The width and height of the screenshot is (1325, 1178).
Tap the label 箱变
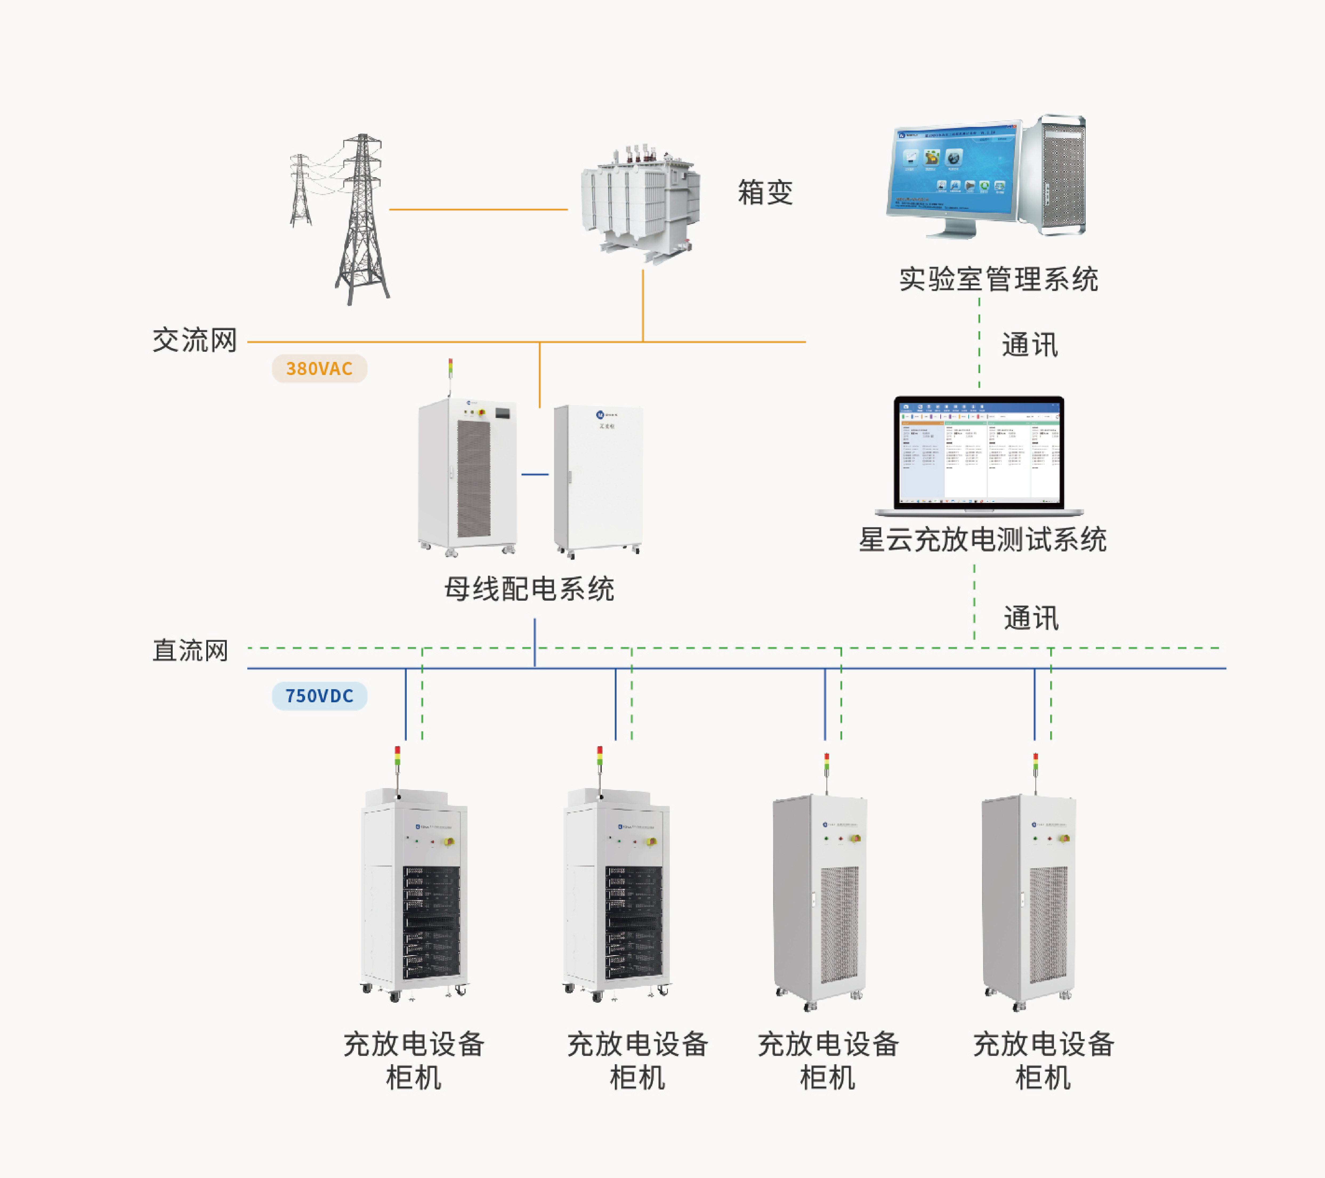765,192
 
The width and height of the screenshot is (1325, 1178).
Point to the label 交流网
195,340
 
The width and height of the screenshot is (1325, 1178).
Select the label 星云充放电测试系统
982,539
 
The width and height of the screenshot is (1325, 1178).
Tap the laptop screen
979,452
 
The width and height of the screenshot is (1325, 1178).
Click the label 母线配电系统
529,589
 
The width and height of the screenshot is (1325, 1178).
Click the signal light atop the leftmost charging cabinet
397,756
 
